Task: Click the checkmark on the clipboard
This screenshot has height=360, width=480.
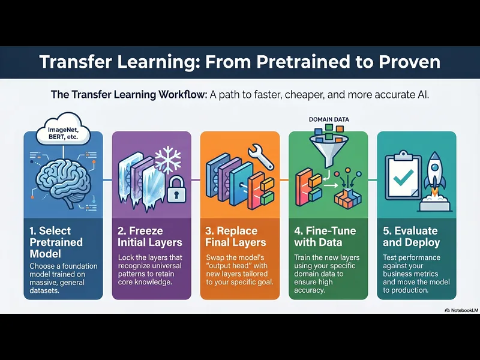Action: [402, 176]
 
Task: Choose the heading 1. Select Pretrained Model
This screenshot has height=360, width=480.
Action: [56, 242]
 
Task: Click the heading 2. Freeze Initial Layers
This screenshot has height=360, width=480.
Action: [150, 236]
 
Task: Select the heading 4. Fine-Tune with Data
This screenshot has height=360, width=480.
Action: [324, 236]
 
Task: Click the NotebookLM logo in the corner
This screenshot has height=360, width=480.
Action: [460, 310]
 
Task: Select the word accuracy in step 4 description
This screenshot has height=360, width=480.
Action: [310, 290]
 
